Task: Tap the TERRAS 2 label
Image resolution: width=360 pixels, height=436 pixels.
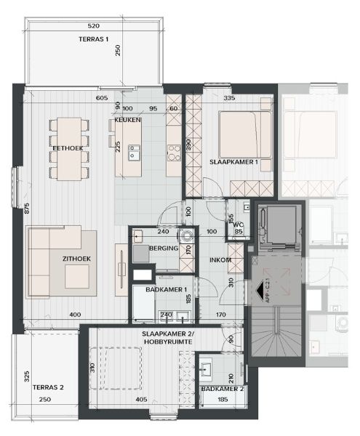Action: (49, 387)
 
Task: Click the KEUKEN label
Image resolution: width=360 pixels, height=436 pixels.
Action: (127, 119)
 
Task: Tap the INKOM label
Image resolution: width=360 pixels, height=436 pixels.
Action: (220, 259)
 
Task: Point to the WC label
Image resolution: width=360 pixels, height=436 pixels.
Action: (236, 224)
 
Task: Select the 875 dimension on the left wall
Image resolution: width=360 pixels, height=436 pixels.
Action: (26, 209)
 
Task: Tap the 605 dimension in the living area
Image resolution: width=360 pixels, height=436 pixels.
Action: (101, 97)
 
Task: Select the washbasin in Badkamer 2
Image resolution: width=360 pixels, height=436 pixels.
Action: (208, 367)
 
